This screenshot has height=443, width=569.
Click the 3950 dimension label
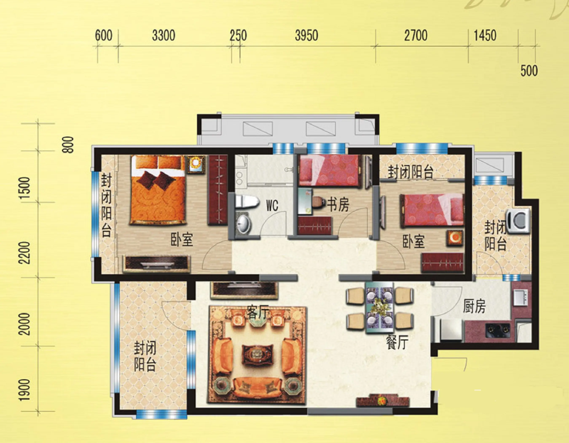click(306, 36)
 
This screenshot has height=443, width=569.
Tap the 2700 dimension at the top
click(416, 36)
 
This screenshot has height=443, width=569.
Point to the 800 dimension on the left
click(68, 145)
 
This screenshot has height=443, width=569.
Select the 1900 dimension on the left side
click(25, 390)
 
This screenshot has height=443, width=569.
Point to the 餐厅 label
click(397, 342)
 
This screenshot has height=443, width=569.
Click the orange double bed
click(158, 190)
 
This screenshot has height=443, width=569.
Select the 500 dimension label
click(529, 71)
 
